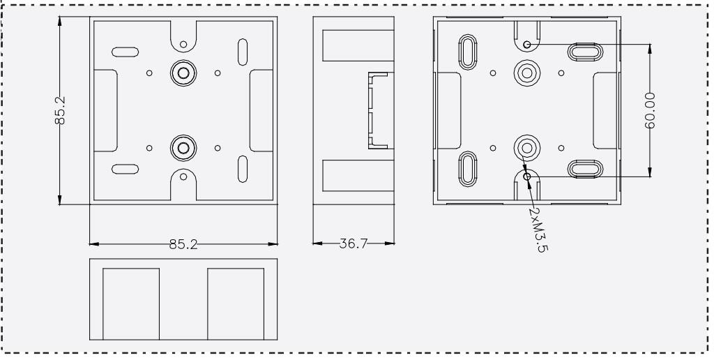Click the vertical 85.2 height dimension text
[x=60, y=110]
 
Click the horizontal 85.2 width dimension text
[x=183, y=245]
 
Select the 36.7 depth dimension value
[x=354, y=243]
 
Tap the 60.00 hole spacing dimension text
[x=651, y=110]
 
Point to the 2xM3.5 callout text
[x=538, y=230]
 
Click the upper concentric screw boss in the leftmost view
[x=183, y=73]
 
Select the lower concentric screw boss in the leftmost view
[x=183, y=148]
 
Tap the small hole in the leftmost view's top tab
[x=183, y=44]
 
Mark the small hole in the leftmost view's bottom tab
[x=183, y=177]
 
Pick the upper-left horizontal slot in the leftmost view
[x=126, y=52]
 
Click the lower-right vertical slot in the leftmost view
[x=243, y=169]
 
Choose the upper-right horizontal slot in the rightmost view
[x=585, y=52]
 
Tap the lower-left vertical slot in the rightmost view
[x=468, y=169]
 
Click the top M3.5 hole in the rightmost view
[x=527, y=44]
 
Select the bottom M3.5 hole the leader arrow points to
[x=527, y=177]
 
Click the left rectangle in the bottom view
[x=131, y=304]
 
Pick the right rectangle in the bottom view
[x=236, y=304]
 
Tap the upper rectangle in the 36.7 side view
[x=358, y=45]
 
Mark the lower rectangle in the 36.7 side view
[x=358, y=175]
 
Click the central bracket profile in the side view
[x=378, y=110]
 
